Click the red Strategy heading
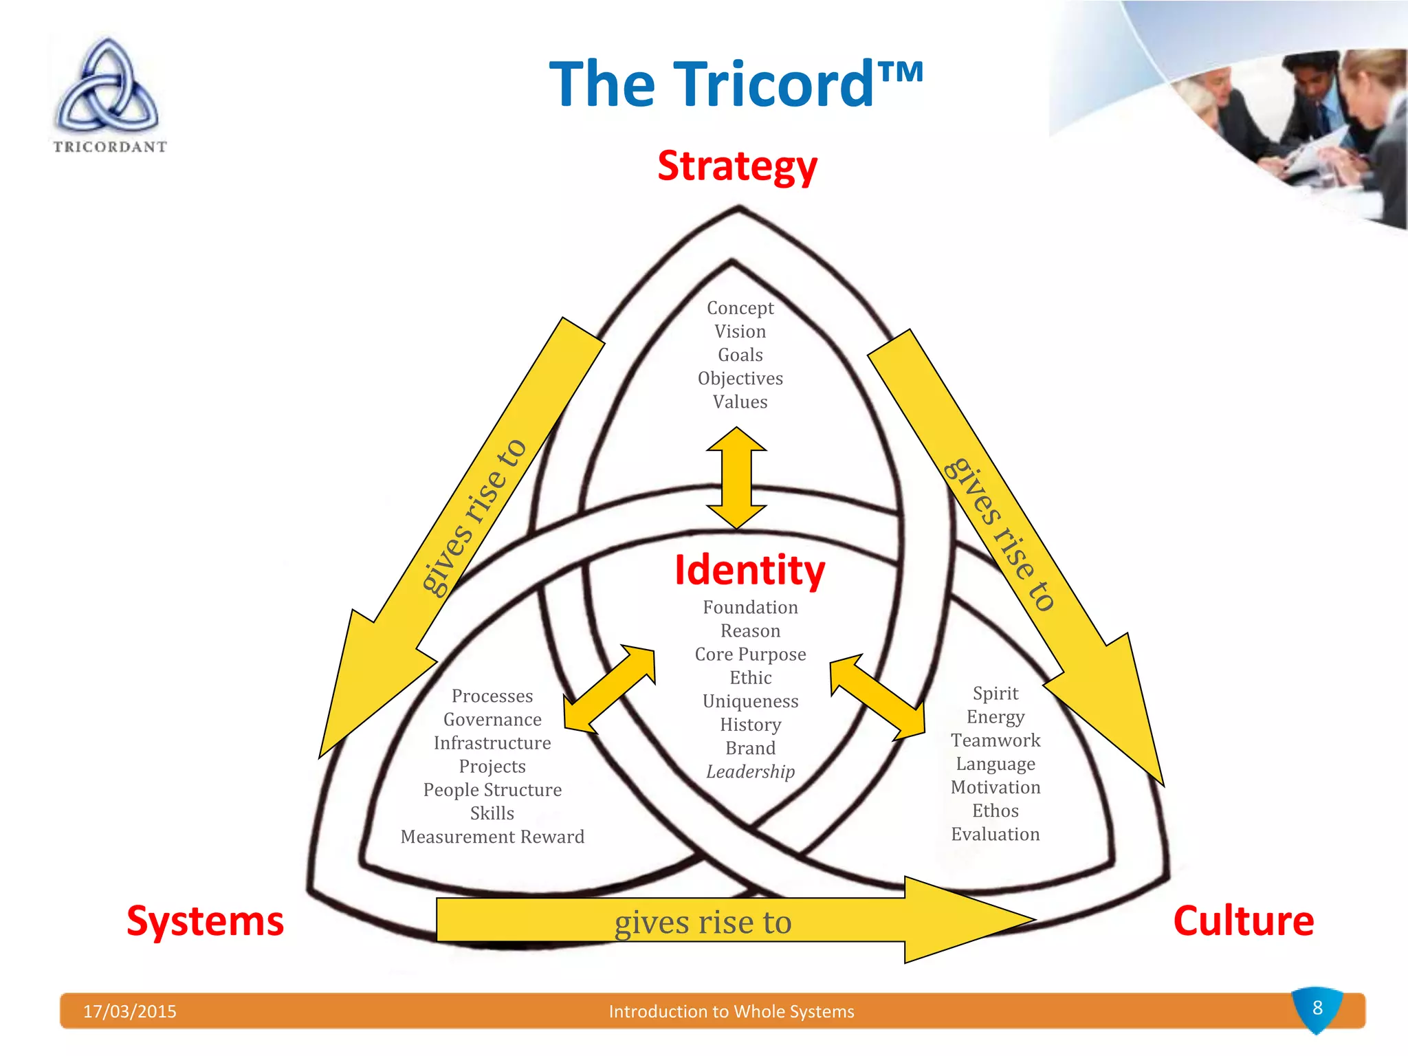[x=737, y=166]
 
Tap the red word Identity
[x=749, y=570]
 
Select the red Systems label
[x=205, y=921]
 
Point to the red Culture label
[x=1243, y=921]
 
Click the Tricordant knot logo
[x=108, y=89]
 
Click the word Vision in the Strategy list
[x=740, y=331]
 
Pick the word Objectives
[x=740, y=378]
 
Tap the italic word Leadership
[x=750, y=771]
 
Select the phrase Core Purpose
[x=750, y=654]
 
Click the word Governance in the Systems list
[x=492, y=719]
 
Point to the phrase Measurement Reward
[x=492, y=837]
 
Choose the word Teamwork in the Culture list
[x=995, y=740]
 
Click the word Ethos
[x=995, y=811]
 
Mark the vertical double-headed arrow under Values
[x=736, y=478]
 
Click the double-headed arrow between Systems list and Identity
[x=609, y=689]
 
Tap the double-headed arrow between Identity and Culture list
[x=877, y=697]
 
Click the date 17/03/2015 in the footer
[x=129, y=1011]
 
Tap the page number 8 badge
[x=1317, y=1009]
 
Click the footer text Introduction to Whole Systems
[x=731, y=1011]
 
